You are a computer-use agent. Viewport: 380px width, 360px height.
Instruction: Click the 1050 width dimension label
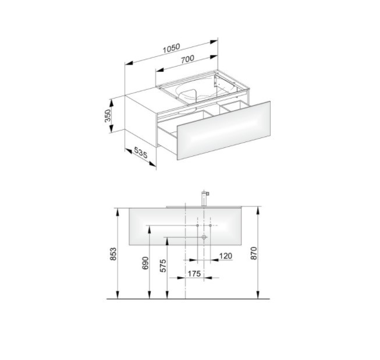[x=171, y=48]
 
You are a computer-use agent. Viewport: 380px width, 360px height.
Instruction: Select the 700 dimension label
[x=187, y=59]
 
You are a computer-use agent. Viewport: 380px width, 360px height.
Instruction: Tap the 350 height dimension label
[x=108, y=115]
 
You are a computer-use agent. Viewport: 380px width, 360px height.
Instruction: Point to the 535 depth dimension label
[x=141, y=153]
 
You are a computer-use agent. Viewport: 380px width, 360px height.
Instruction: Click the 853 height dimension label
[x=113, y=254]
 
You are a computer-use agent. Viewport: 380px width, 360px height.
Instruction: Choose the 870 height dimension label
[x=254, y=253]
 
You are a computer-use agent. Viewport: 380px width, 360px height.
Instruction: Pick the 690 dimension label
[x=145, y=263]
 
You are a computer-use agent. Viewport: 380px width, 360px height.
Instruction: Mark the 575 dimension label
[x=163, y=266]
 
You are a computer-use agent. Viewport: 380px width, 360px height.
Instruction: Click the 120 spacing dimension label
[x=226, y=256]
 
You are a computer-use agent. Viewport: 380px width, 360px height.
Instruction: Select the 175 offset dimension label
[x=194, y=274]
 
